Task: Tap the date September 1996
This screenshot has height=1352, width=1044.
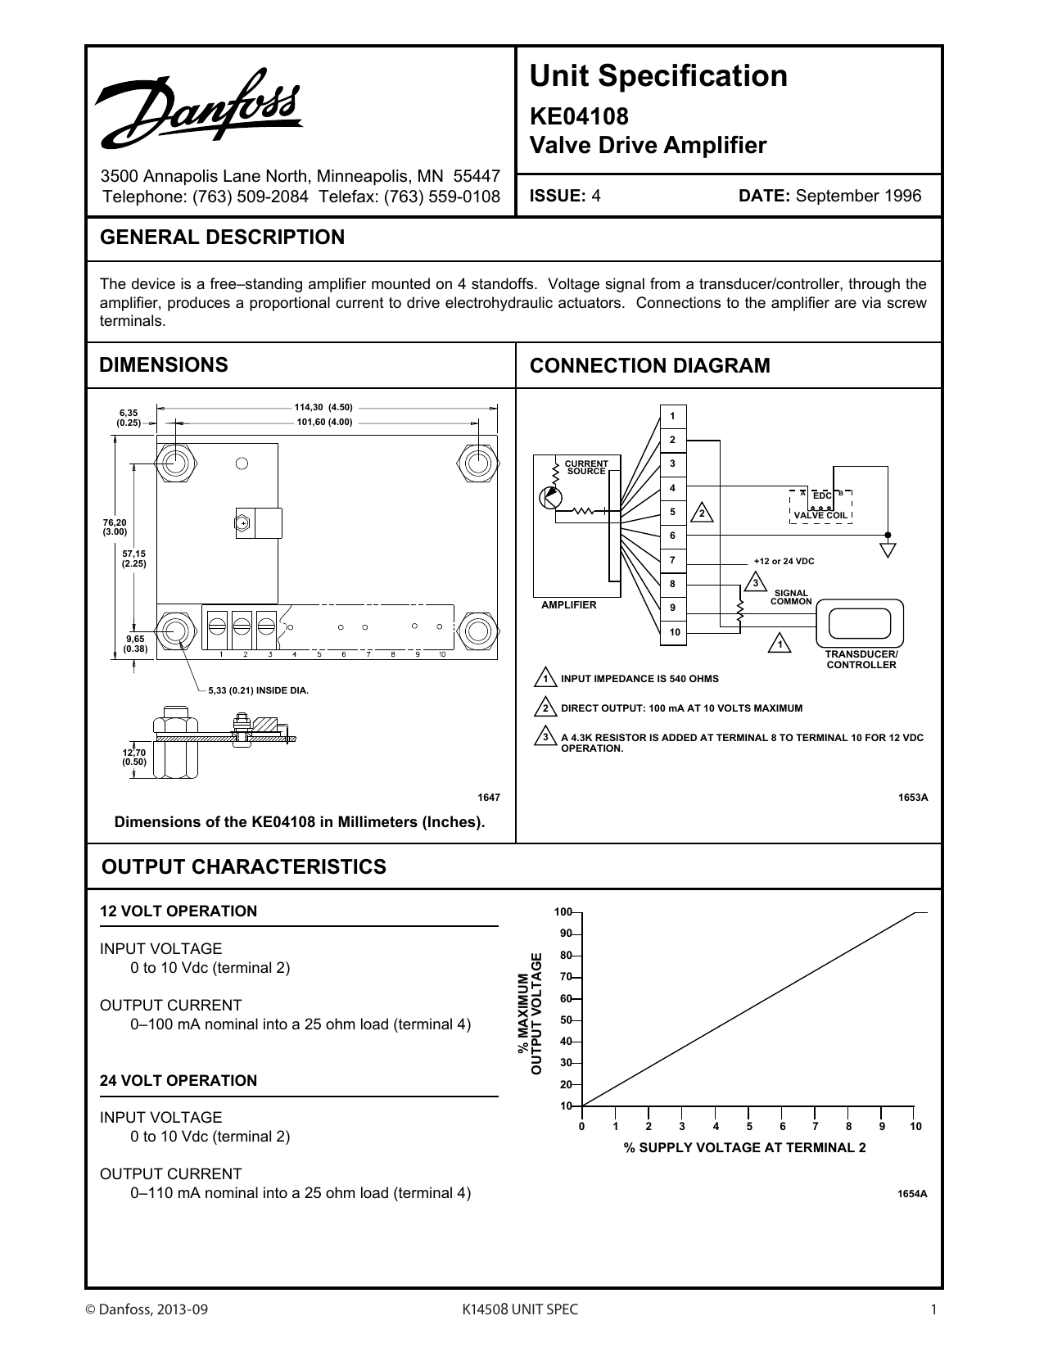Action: pyautogui.click(x=858, y=196)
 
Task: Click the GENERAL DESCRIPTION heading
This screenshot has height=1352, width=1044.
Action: pyautogui.click(x=222, y=237)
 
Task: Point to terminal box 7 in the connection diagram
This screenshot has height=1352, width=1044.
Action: pyautogui.click(x=673, y=560)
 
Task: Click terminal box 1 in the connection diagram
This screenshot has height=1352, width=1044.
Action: pyautogui.click(x=673, y=416)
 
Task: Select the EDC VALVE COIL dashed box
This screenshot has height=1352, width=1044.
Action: pyautogui.click(x=820, y=505)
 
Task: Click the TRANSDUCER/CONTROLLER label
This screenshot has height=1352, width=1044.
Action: pyautogui.click(x=861, y=660)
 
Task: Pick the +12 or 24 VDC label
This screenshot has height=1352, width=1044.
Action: pyautogui.click(x=784, y=561)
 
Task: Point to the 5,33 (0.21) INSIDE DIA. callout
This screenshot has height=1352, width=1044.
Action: pyautogui.click(x=258, y=690)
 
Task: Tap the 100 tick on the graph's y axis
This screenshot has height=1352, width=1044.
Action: pyautogui.click(x=563, y=912)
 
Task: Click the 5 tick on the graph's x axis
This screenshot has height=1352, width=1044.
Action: pyautogui.click(x=748, y=1127)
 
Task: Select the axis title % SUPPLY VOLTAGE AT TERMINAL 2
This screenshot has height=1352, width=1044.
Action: pyautogui.click(x=744, y=1148)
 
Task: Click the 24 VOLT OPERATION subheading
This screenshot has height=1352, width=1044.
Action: pyautogui.click(x=179, y=1081)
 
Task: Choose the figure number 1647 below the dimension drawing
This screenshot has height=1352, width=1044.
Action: pyautogui.click(x=488, y=797)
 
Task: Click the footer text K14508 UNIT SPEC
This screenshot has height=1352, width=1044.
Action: pyautogui.click(x=521, y=1309)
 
